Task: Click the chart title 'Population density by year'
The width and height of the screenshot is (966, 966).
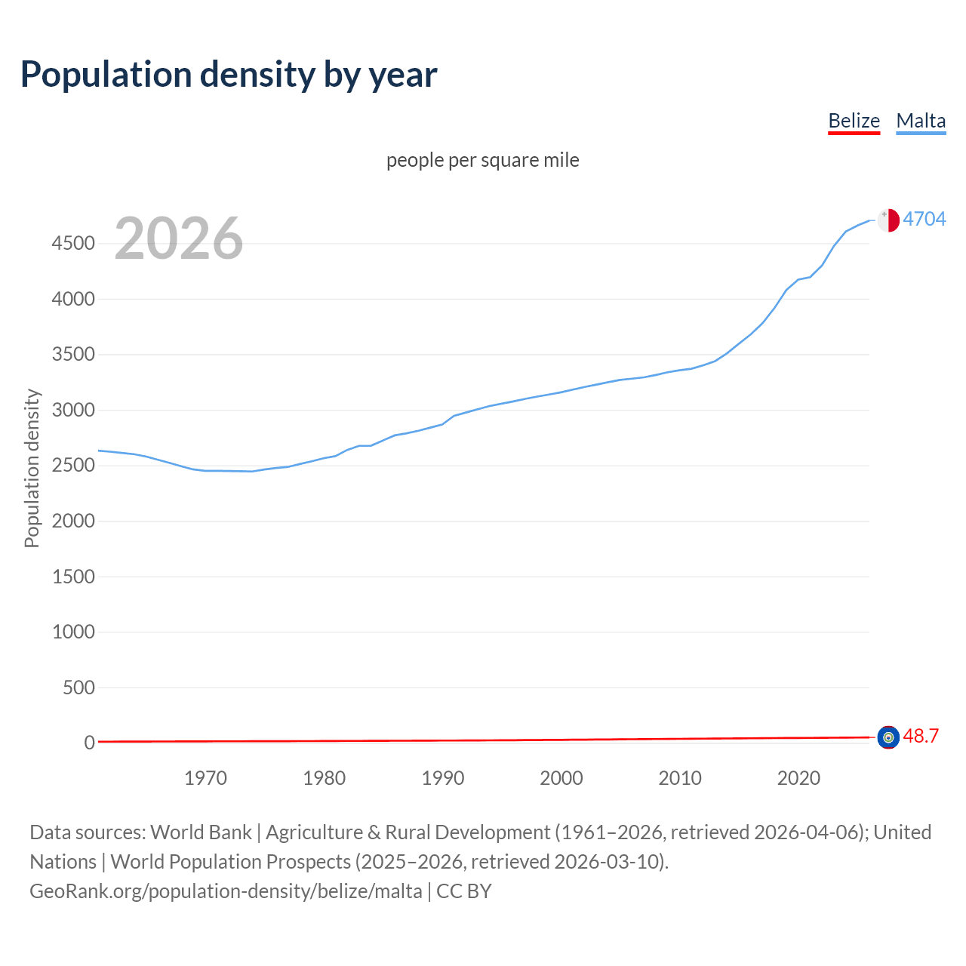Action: tap(229, 75)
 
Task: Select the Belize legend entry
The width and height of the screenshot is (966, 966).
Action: tap(854, 121)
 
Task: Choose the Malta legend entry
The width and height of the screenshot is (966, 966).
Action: tap(921, 121)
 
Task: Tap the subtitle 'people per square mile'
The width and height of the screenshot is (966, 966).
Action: tap(482, 160)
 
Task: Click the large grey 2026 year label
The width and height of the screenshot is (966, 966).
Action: tap(179, 238)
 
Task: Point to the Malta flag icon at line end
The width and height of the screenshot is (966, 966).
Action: tap(888, 220)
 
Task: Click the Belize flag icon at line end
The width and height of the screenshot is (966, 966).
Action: tap(888, 737)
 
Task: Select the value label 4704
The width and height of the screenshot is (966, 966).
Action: tap(924, 219)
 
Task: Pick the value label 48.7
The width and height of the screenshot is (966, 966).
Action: tap(921, 736)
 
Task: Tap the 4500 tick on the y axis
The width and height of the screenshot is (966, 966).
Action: tap(73, 243)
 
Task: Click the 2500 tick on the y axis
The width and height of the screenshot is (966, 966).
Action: tap(73, 465)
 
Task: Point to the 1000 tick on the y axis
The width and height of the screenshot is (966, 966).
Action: tap(73, 632)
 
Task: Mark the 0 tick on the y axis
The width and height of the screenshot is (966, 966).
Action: tap(89, 743)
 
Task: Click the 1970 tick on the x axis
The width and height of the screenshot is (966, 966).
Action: tap(205, 778)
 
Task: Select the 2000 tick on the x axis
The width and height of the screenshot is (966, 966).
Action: tap(561, 778)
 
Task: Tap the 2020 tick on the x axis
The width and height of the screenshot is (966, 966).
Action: tap(798, 778)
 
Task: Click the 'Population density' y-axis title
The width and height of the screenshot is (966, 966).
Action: tap(32, 468)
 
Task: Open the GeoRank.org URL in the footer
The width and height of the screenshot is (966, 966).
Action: tap(226, 891)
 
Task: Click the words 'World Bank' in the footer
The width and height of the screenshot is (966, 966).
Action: tap(201, 832)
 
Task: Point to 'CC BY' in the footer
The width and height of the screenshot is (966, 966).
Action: tap(464, 891)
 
